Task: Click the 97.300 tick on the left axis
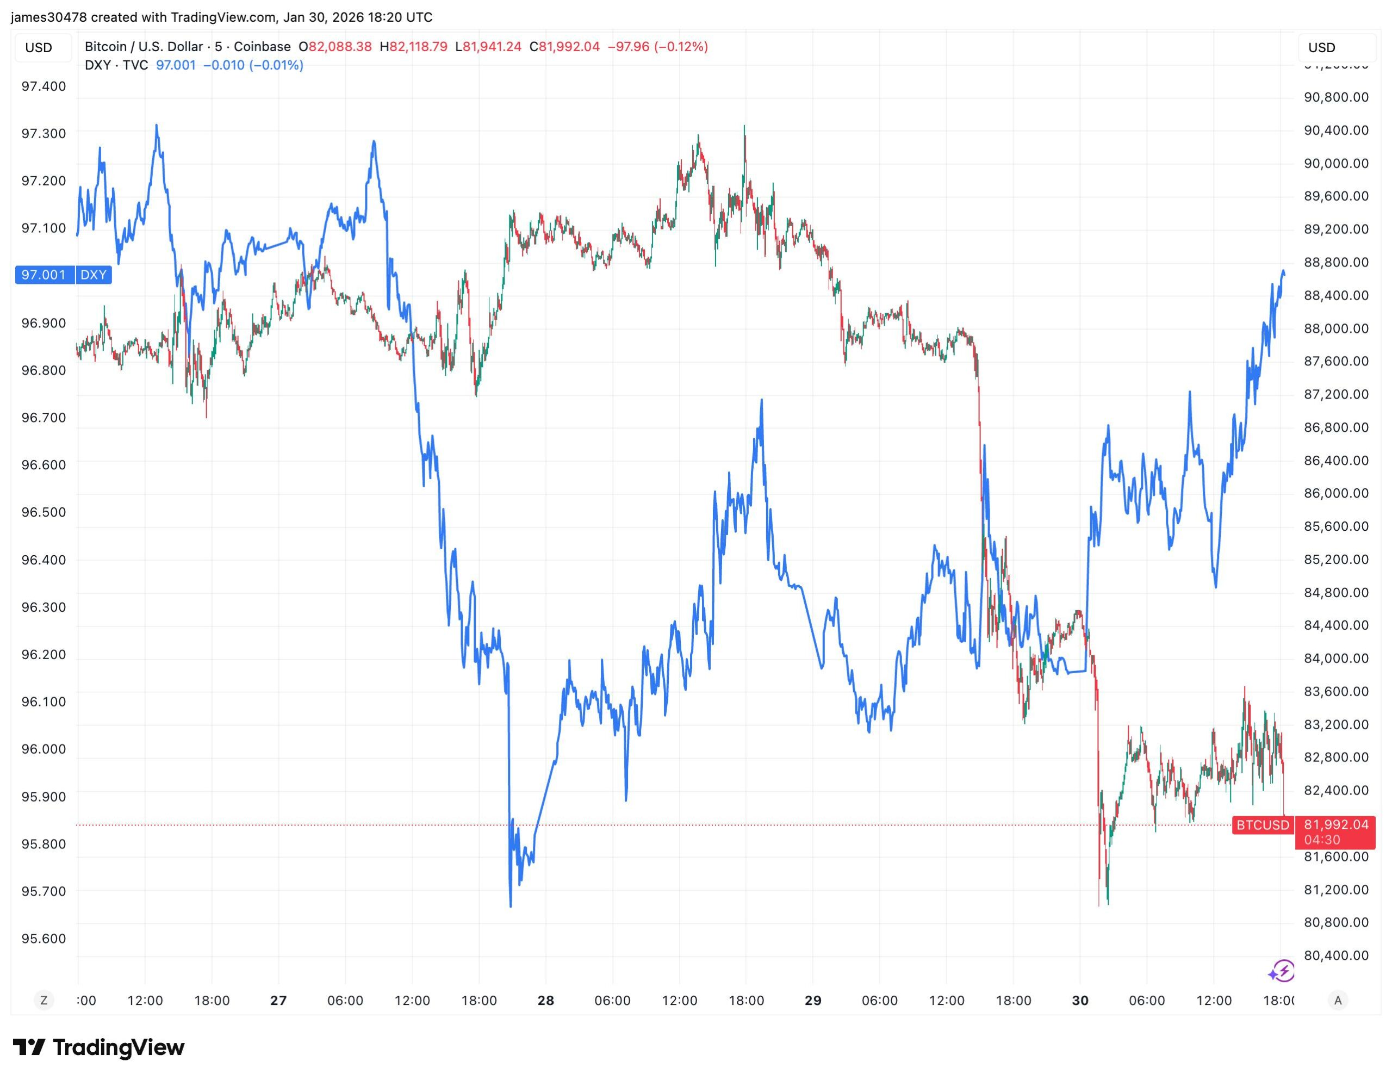point(43,133)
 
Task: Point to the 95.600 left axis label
point(43,939)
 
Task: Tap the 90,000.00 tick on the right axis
point(1336,163)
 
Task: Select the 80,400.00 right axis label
point(1336,955)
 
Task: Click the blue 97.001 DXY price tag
point(44,275)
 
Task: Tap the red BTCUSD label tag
point(1262,825)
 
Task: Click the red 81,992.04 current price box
point(1335,831)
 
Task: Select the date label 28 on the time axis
point(545,1000)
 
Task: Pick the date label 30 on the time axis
point(1080,1000)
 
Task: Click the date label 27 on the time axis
point(278,1000)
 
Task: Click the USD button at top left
point(39,48)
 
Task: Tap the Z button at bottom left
point(43,1000)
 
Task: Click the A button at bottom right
point(1338,1000)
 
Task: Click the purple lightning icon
point(1281,972)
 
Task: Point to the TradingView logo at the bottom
point(99,1047)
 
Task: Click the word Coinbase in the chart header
point(262,47)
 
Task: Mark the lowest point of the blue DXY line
point(511,905)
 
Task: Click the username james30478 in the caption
point(48,17)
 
